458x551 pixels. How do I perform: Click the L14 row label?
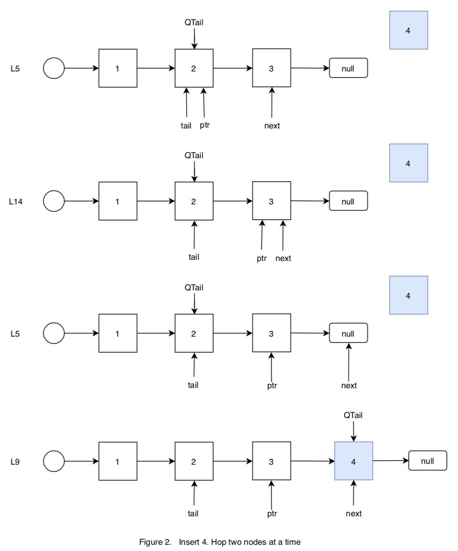16,202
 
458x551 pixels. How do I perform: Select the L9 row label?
15,462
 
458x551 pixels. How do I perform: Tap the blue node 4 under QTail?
353,461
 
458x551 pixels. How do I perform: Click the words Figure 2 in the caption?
155,542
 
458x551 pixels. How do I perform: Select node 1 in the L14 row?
118,201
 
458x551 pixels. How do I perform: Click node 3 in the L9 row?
271,461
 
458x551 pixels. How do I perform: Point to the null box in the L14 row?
348,201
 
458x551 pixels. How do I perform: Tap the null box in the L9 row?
427,461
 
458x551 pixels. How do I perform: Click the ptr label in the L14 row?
262,259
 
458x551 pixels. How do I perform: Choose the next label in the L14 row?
283,259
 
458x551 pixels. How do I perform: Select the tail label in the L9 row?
193,513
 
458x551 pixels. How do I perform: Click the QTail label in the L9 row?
353,415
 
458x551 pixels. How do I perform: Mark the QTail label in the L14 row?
194,155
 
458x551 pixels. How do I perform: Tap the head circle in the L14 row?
54,201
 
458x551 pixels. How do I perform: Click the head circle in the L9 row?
54,461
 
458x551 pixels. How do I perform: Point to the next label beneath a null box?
349,385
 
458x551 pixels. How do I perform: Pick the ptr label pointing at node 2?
205,125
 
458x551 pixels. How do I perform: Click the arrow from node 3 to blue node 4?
312,461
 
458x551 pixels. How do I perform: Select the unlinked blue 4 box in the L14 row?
408,163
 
